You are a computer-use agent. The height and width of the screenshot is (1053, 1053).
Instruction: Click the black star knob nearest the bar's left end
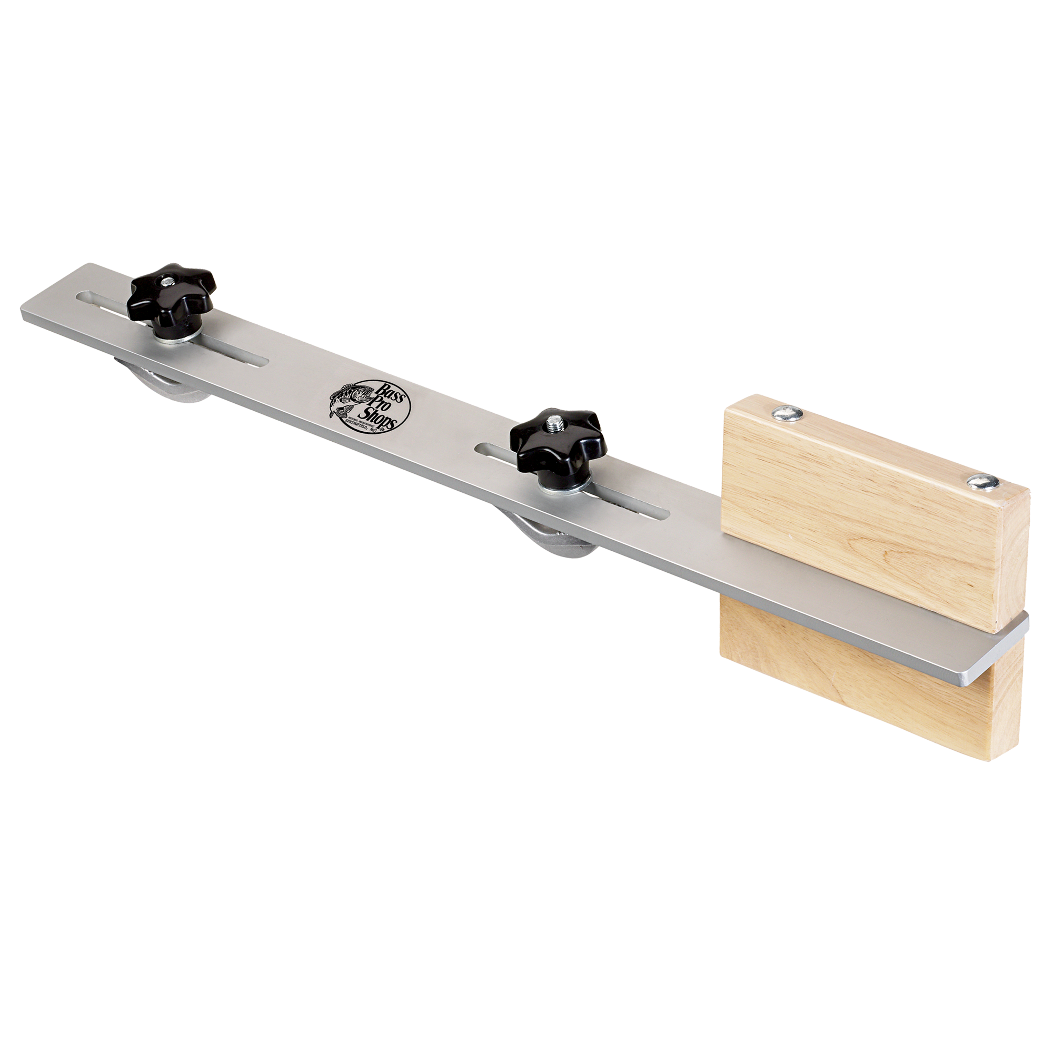coord(173,294)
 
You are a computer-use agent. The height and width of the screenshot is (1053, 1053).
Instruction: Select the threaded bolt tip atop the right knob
coord(555,422)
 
